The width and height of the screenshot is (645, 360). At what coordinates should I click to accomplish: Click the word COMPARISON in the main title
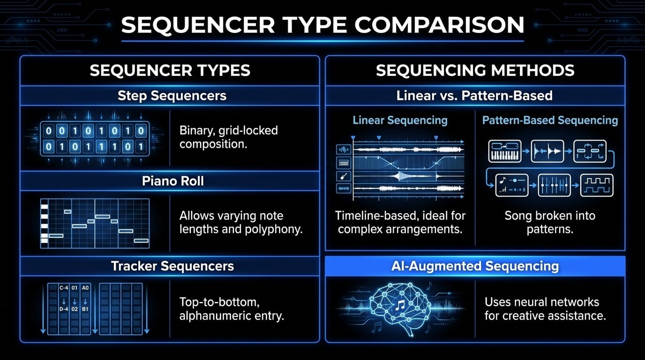click(439, 25)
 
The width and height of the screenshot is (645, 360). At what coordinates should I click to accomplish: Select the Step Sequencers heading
click(172, 96)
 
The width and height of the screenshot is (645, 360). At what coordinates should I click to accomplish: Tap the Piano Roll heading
click(173, 181)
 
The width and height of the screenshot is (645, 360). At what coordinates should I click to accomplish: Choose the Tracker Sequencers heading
click(172, 266)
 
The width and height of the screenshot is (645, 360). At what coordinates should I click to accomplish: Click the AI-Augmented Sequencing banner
click(475, 266)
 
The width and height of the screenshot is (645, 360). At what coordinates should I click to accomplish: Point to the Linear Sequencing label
click(400, 120)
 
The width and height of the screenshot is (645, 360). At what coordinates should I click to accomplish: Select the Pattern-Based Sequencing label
click(550, 120)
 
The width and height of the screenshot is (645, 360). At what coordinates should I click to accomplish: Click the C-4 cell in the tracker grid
click(64, 287)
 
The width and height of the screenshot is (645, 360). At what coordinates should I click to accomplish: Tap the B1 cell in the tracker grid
click(85, 309)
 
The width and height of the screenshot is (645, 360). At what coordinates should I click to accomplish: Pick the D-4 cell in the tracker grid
click(64, 309)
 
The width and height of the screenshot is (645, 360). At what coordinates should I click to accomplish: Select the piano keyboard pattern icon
click(505, 151)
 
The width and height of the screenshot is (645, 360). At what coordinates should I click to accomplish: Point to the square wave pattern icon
click(597, 185)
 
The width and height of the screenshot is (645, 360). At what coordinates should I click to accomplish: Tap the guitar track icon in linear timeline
click(344, 176)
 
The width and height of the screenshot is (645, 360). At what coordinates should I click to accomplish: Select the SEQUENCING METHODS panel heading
click(475, 71)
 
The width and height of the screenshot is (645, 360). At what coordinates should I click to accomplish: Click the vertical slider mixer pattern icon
click(554, 185)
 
